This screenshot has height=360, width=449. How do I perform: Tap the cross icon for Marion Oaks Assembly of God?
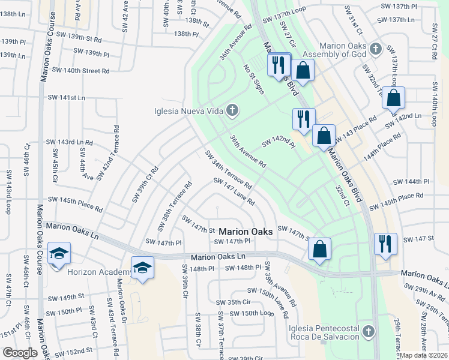coord(376,48)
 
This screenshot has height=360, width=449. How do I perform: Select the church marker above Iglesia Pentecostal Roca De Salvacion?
coord(368,331)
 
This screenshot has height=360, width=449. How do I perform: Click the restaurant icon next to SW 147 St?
coord(384,244)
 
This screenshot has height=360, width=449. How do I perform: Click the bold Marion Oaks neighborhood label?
coord(246,231)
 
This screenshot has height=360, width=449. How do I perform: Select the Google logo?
coord(20,353)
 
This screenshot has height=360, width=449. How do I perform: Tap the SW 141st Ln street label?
coord(67,97)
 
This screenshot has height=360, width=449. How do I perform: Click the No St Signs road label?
coord(253,79)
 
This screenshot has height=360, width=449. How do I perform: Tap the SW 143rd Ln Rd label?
coord(70,142)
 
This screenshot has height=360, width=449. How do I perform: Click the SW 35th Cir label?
coord(234,302)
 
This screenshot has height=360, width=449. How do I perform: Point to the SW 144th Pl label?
coord(411,181)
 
